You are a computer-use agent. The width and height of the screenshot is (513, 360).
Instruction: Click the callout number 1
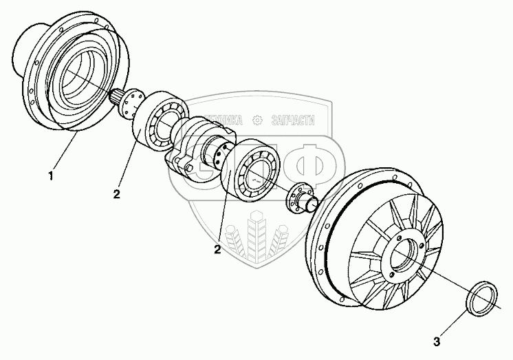[52, 177]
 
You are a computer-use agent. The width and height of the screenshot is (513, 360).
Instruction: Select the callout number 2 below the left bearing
[117, 195]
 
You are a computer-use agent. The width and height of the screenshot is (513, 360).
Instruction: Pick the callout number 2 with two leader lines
[217, 250]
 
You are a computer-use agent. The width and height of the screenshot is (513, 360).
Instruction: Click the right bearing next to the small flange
[250, 170]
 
